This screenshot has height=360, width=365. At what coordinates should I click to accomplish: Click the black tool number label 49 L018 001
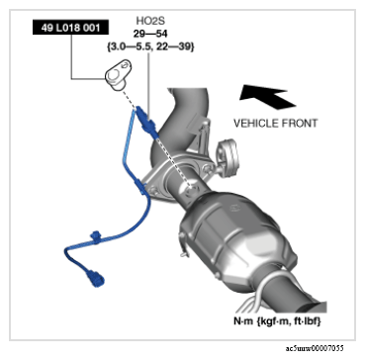click(70, 28)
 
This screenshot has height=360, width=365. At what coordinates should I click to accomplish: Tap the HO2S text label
click(150, 21)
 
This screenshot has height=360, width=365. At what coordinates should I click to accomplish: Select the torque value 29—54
click(150, 34)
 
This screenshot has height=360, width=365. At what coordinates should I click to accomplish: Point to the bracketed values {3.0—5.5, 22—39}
click(150, 46)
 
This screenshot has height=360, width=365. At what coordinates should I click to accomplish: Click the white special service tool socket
click(119, 74)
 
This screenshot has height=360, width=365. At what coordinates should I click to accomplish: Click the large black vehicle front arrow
click(267, 96)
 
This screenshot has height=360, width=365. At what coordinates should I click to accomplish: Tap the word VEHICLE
click(256, 124)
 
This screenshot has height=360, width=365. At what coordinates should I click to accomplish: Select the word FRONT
click(300, 124)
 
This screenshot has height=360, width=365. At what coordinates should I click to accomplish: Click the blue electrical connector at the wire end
click(95, 278)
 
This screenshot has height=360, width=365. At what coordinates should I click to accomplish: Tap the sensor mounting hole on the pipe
click(192, 189)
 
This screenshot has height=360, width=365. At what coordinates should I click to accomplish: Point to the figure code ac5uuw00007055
click(315, 348)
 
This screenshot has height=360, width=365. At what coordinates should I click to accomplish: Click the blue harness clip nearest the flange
click(141, 187)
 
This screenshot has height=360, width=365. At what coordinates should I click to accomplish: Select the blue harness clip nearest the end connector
click(96, 237)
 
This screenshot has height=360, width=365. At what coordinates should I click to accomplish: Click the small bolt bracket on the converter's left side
click(182, 243)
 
